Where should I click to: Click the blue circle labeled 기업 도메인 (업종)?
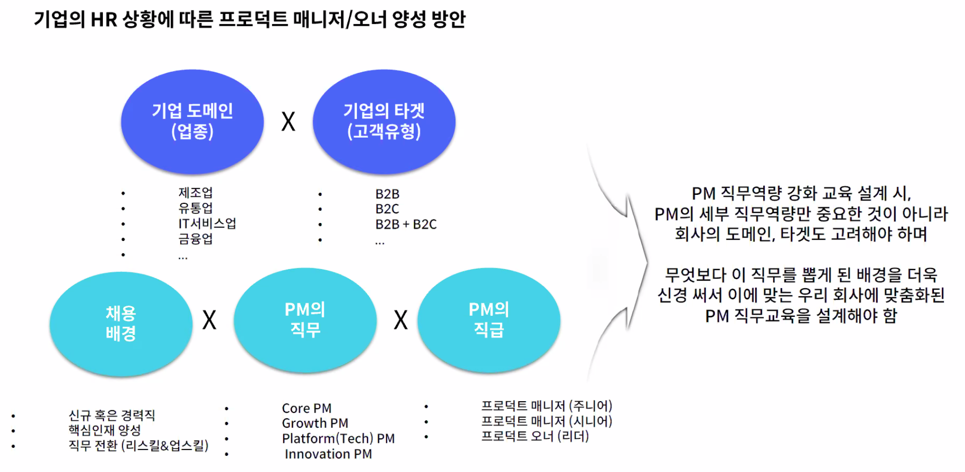[x=192, y=122]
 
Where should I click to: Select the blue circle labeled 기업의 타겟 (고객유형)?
[x=384, y=122]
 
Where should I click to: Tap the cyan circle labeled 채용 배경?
[x=121, y=323]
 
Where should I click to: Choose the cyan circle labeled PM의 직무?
[x=305, y=320]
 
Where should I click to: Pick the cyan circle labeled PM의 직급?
[x=489, y=320]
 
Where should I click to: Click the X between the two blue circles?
[x=288, y=122]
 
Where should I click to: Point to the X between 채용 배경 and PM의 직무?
[x=209, y=320]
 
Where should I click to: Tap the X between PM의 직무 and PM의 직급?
[x=401, y=320]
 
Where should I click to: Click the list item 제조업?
[x=195, y=193]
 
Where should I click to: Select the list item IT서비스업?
[x=207, y=223]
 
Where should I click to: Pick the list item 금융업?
[x=195, y=239]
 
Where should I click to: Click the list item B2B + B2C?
[x=406, y=224]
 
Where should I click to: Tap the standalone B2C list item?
[x=387, y=209]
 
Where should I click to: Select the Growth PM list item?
[x=315, y=423]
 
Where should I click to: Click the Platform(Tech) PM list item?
[x=338, y=438]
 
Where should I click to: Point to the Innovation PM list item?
[x=328, y=454]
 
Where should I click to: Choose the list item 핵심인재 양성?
[x=104, y=430]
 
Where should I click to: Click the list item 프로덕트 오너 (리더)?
[x=535, y=436]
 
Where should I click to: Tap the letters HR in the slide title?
[x=103, y=20]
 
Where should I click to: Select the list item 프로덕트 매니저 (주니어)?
[x=546, y=406]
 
